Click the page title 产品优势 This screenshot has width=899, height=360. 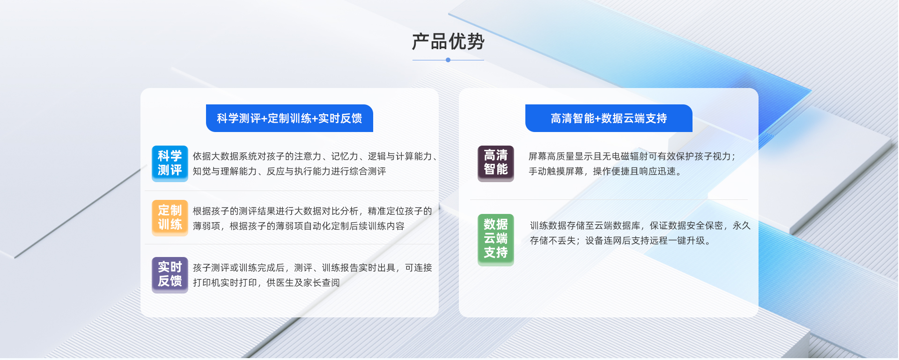click(x=448, y=42)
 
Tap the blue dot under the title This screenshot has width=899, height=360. click(x=448, y=60)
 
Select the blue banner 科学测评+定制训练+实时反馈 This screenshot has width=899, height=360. click(x=289, y=118)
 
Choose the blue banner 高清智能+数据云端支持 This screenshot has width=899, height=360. click(x=609, y=118)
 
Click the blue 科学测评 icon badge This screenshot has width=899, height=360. click(x=170, y=163)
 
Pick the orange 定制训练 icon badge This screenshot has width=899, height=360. click(x=170, y=218)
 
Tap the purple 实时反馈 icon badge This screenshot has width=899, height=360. click(x=170, y=275)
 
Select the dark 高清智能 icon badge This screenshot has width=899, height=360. click(x=496, y=163)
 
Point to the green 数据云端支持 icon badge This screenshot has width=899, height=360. click(x=496, y=240)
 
